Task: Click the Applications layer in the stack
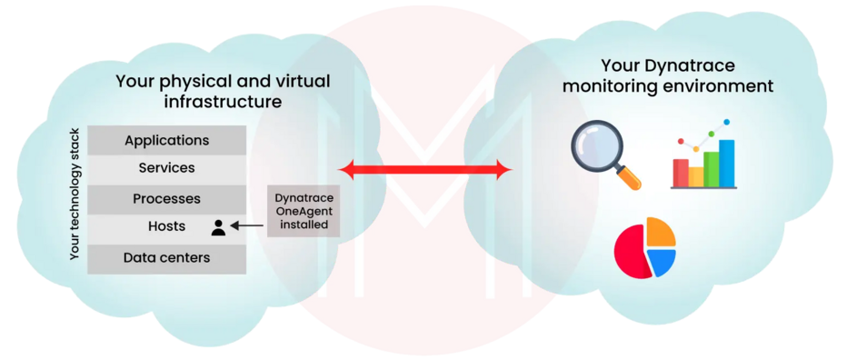(x=167, y=140)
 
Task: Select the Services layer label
(x=167, y=168)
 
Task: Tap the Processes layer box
(x=167, y=198)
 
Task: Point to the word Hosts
(x=167, y=226)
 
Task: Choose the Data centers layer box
(x=167, y=257)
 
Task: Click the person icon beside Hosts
(x=218, y=226)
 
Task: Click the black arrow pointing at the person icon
(x=248, y=225)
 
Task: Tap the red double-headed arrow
(x=424, y=169)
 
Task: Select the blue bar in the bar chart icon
(x=727, y=161)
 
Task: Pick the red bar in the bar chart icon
(x=680, y=171)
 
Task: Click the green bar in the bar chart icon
(x=711, y=167)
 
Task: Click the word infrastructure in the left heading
(x=223, y=102)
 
